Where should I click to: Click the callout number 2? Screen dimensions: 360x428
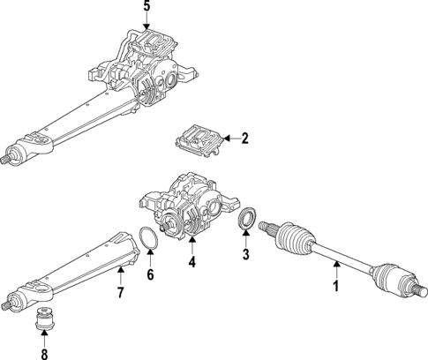[244, 138]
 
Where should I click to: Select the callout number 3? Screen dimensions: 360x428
[246, 255]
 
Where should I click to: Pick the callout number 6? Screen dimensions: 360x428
[150, 275]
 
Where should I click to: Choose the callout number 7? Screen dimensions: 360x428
[120, 292]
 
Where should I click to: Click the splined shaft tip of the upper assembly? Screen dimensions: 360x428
[6, 159]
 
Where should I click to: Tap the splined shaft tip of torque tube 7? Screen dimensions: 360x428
[6, 306]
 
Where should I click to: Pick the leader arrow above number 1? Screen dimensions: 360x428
[334, 268]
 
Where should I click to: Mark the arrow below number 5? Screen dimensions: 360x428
[146, 24]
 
